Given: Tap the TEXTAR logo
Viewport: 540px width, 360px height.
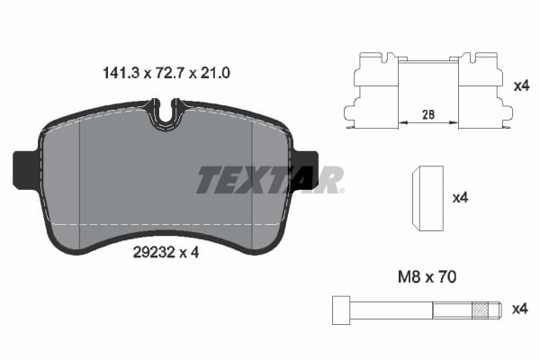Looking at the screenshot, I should [x=269, y=179].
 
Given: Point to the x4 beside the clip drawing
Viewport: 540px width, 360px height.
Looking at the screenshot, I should [x=520, y=87].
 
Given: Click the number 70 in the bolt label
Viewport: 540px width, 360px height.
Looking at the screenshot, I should [x=446, y=278].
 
